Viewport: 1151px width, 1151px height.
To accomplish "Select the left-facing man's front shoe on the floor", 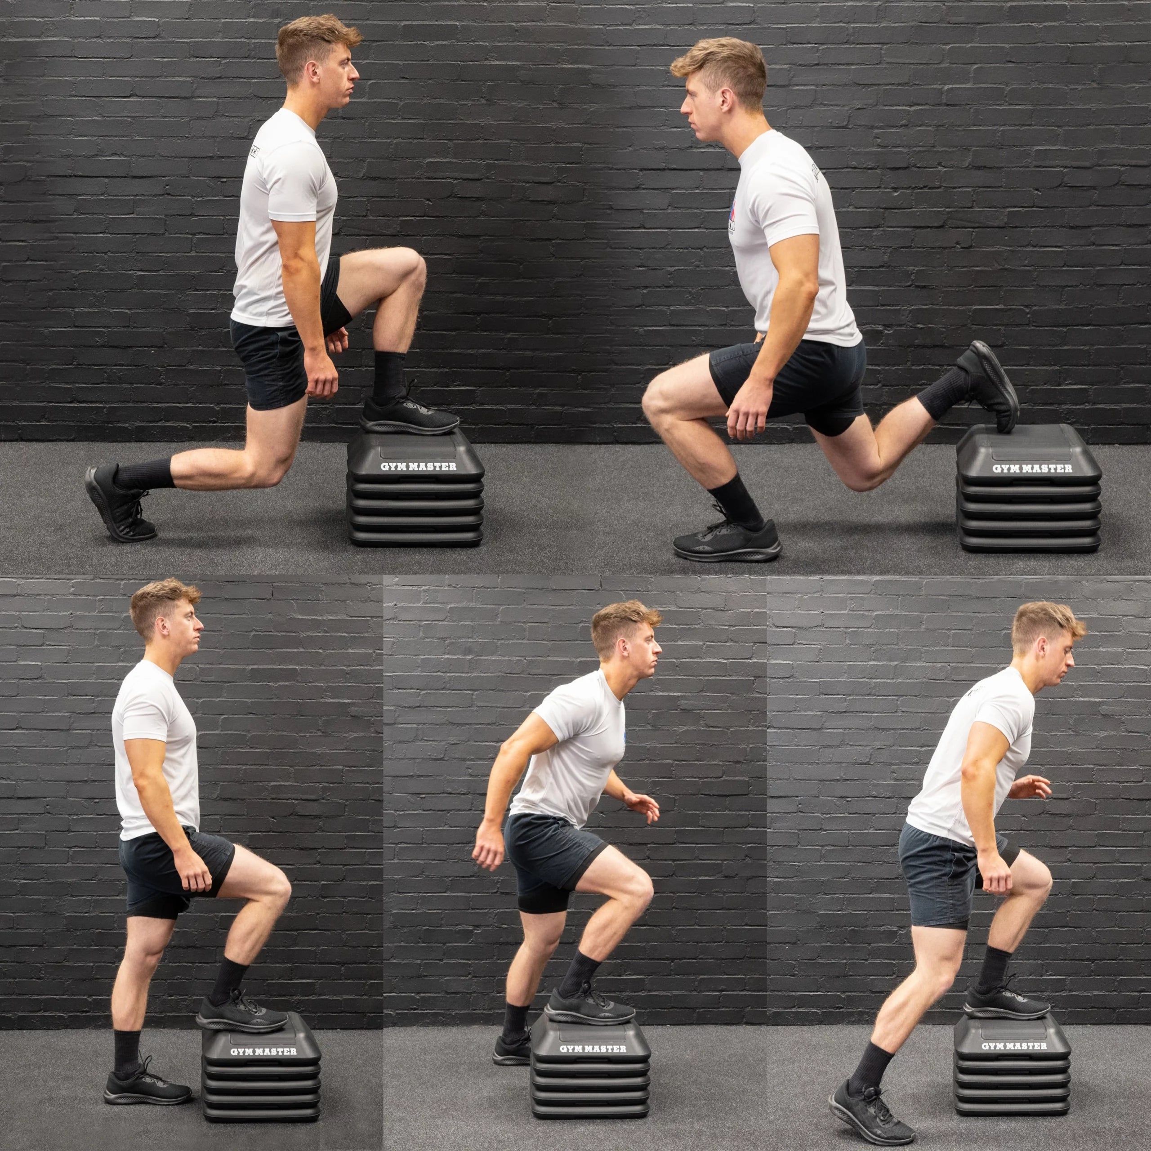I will pos(727,540).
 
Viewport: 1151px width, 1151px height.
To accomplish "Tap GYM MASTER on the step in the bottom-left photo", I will pos(263,1052).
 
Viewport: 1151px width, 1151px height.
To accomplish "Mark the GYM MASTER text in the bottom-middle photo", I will pos(593,1048).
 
